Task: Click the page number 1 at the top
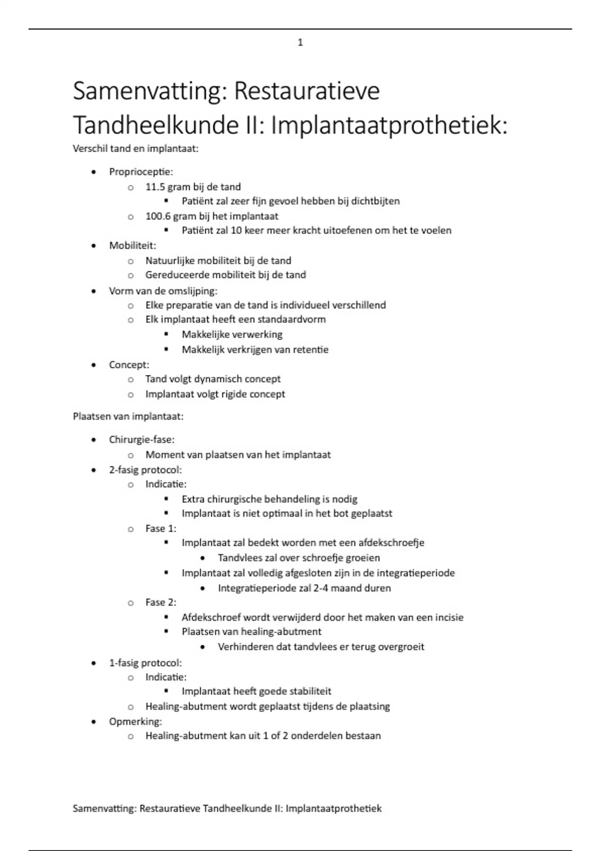300,43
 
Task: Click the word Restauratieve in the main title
307,92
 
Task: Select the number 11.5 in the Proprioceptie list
155,187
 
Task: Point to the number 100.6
158,216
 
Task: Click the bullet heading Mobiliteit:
133,246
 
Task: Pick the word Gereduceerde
175,275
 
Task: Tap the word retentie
313,350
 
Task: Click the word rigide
231,394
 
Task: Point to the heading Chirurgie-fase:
142,440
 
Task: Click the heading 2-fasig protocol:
145,470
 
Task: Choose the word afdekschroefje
391,543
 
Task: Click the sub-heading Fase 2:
161,602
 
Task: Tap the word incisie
448,618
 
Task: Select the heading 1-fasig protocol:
145,663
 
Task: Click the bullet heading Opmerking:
135,721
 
